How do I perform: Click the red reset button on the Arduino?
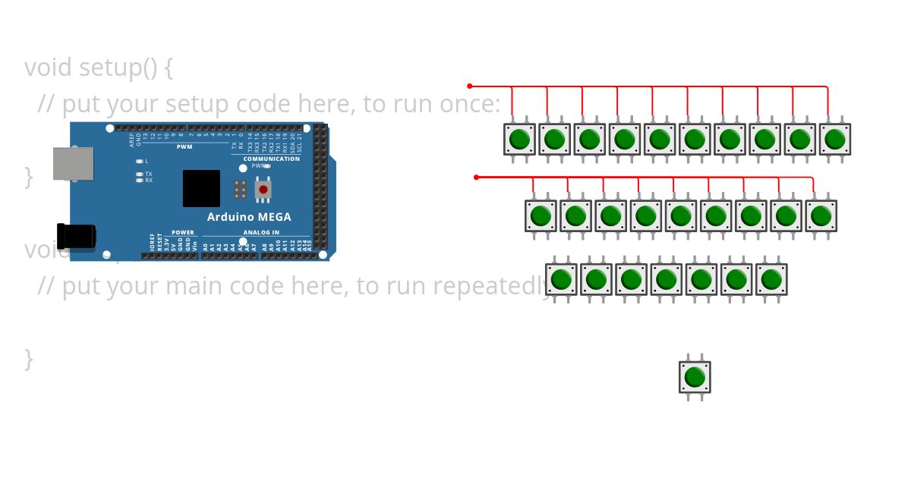click(263, 189)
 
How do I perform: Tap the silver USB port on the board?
click(73, 164)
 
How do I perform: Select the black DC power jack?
click(77, 237)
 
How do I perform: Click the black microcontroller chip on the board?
click(201, 188)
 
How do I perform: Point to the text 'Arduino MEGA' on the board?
click(248, 217)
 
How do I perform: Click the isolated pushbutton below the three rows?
click(695, 377)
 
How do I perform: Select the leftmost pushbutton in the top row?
click(520, 140)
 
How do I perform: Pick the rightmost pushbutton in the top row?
click(835, 140)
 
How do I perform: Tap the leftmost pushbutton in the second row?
click(541, 216)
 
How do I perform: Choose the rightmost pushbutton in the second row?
click(821, 216)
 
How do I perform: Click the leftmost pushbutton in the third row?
click(562, 280)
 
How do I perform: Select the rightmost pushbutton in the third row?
click(771, 280)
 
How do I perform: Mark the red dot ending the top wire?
click(470, 86)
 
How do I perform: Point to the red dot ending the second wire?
click(476, 177)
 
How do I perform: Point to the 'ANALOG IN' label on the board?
click(261, 232)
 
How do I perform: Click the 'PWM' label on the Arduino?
click(184, 146)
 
